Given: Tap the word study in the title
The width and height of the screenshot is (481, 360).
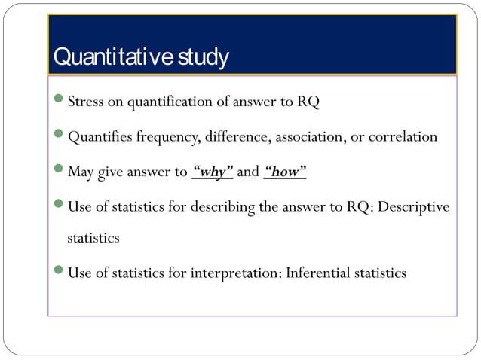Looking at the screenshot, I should (x=203, y=57).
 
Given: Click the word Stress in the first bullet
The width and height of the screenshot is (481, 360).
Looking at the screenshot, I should (x=85, y=102).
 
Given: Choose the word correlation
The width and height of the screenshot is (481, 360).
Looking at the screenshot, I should (x=402, y=137).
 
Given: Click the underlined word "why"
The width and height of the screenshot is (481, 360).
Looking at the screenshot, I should (x=213, y=172).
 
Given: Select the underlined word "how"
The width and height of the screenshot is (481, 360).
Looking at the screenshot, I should (x=285, y=172).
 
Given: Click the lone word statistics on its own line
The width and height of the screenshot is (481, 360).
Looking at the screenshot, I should (x=93, y=238).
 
